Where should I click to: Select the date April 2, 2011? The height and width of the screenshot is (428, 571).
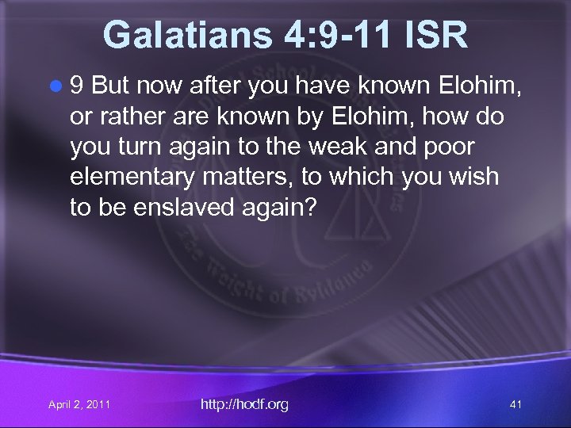tap(79, 405)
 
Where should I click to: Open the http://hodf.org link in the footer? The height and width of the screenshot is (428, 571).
tap(244, 404)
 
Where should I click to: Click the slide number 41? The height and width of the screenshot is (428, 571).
tap(515, 405)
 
